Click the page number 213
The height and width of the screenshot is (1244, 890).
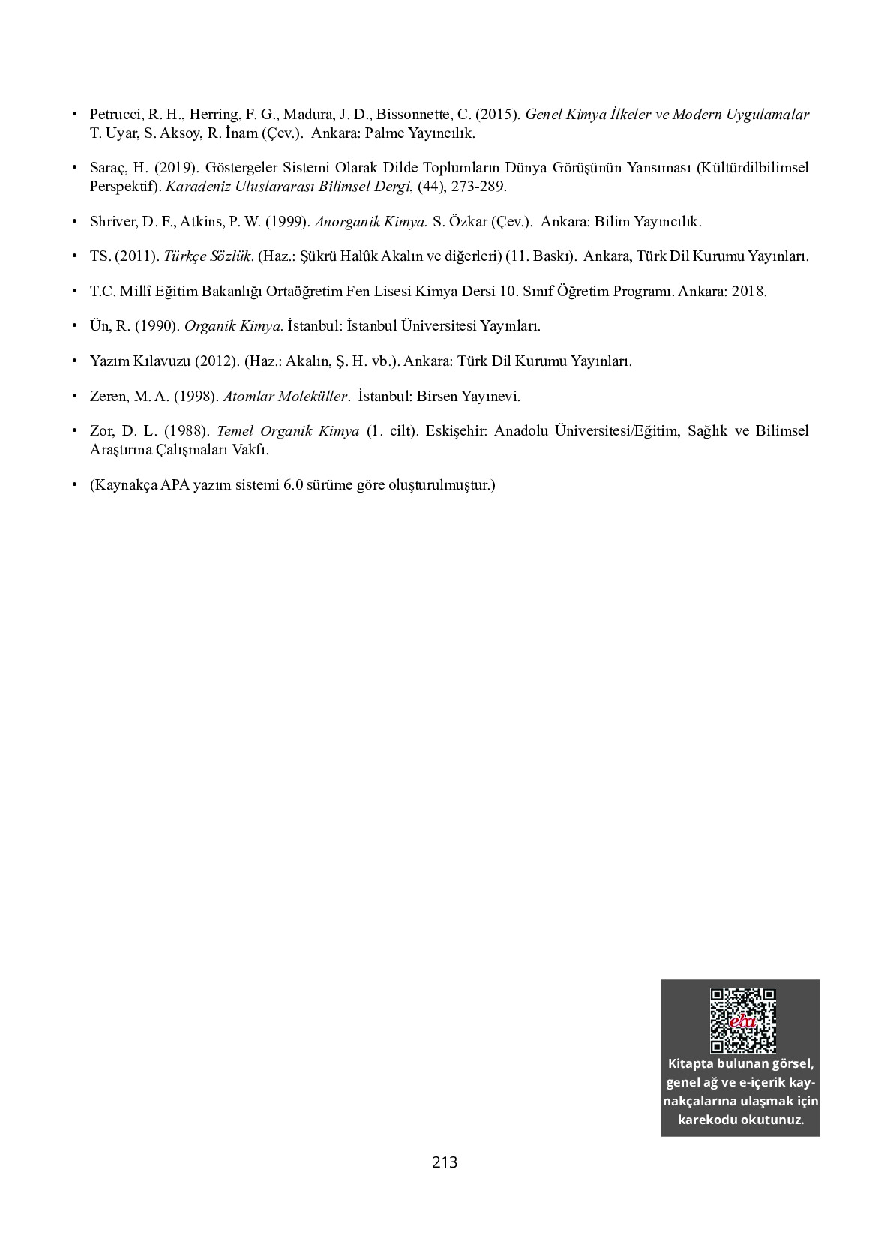[x=445, y=1162]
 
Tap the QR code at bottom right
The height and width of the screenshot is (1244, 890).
[x=742, y=1021]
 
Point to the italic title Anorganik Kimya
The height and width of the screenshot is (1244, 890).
[x=370, y=222]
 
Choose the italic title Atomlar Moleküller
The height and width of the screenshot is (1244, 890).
[x=286, y=396]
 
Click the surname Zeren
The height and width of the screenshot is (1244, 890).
[x=109, y=396]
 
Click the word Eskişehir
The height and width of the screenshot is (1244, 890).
[x=457, y=431]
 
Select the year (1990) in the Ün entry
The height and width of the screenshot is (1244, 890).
[x=156, y=326]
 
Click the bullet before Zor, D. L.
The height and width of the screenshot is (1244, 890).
[x=74, y=430]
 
